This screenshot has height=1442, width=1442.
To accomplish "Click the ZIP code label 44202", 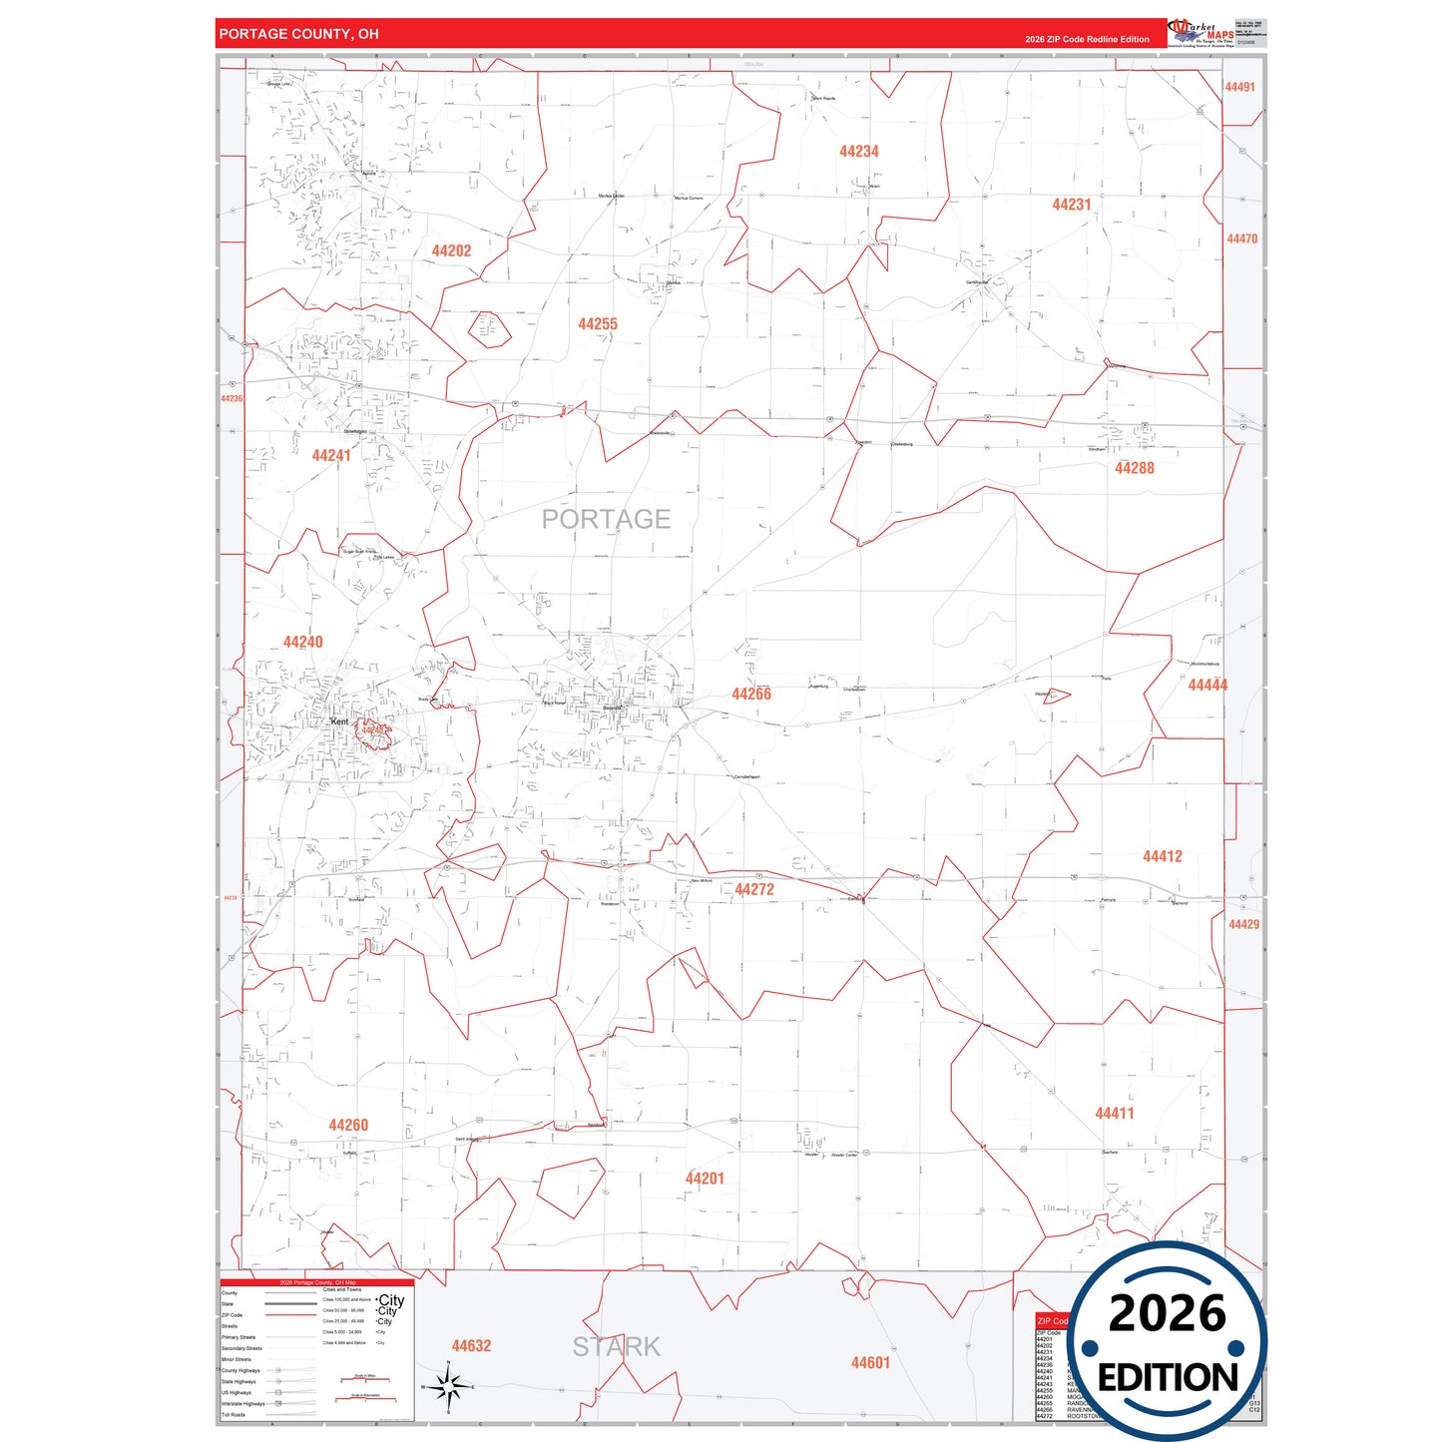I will click(x=451, y=251).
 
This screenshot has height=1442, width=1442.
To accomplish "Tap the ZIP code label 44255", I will click(x=598, y=324).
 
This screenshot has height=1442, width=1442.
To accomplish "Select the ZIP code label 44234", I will click(x=858, y=152).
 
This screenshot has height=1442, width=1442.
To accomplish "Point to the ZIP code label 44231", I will click(x=1071, y=205).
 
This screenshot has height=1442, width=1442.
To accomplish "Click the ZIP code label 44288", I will click(x=1134, y=468).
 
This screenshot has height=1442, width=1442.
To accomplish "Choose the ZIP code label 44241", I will click(x=331, y=456).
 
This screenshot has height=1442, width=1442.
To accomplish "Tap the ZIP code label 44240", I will click(x=302, y=643).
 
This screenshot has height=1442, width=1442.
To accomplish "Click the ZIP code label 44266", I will click(x=750, y=695).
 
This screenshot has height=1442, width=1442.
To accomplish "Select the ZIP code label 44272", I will click(x=753, y=890).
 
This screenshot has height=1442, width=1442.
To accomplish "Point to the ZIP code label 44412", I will click(x=1162, y=856).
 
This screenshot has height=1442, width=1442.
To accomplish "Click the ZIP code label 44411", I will click(x=1114, y=1114).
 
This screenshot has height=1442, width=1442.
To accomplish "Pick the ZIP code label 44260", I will click(x=348, y=1126).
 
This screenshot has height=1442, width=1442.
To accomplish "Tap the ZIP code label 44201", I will click(x=705, y=1179).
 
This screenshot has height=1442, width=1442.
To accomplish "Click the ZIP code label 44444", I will click(x=1207, y=686).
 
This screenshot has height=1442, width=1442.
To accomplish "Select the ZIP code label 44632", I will click(x=471, y=1346).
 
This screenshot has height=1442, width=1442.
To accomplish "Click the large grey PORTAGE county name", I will click(x=606, y=519).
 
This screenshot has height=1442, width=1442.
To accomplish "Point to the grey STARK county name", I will click(x=616, y=1347).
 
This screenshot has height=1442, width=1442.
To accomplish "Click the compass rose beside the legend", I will click(x=448, y=1386).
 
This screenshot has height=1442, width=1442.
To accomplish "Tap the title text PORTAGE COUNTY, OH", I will click(x=298, y=34).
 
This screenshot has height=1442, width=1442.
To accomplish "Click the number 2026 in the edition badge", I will click(x=1167, y=1314).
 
